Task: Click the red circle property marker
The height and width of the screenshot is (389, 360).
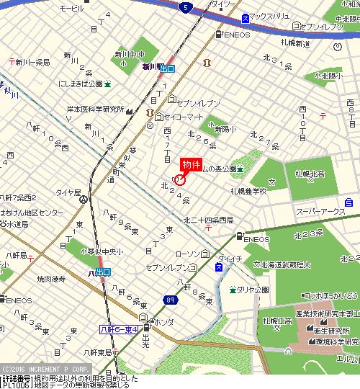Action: pyautogui.click(x=180, y=179)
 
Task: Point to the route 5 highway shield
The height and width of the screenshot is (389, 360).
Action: pyautogui.click(x=186, y=7)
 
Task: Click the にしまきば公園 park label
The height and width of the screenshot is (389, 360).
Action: pyautogui.click(x=73, y=84)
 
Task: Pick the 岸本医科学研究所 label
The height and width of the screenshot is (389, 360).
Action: pyautogui.click(x=96, y=109)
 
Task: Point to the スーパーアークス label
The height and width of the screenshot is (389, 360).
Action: pyautogui.click(x=321, y=211)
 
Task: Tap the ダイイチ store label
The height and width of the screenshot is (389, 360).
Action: pyautogui.click(x=230, y=258)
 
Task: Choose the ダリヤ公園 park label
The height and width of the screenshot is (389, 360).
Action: pyautogui.click(x=253, y=290)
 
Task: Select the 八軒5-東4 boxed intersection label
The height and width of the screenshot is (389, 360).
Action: pyautogui.click(x=119, y=330)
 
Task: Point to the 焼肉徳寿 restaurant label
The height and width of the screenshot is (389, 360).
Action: pyautogui.click(x=51, y=277)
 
